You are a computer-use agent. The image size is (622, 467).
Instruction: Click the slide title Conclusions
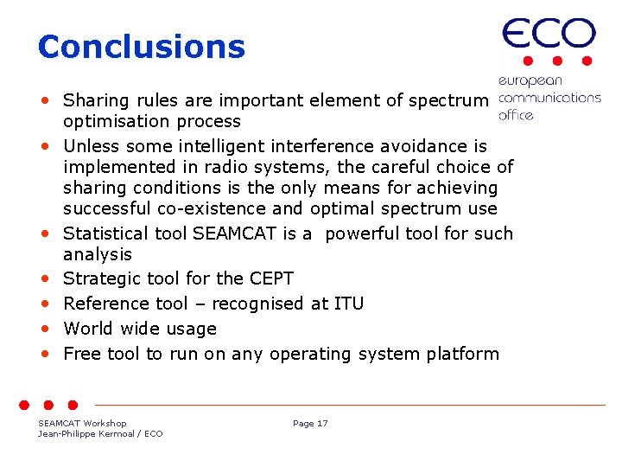(142, 47)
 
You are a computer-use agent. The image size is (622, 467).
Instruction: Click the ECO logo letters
(549, 35)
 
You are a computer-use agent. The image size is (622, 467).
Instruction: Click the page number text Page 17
(310, 423)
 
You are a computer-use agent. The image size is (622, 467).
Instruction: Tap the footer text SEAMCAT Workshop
(82, 423)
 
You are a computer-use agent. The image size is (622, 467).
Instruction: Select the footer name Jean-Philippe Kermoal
(84, 433)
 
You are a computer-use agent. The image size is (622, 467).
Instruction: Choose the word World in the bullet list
(88, 329)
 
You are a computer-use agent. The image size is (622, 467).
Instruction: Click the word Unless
(91, 145)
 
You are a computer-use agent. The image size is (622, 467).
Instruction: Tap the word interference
(333, 145)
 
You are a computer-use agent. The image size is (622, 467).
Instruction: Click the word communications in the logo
(549, 98)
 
